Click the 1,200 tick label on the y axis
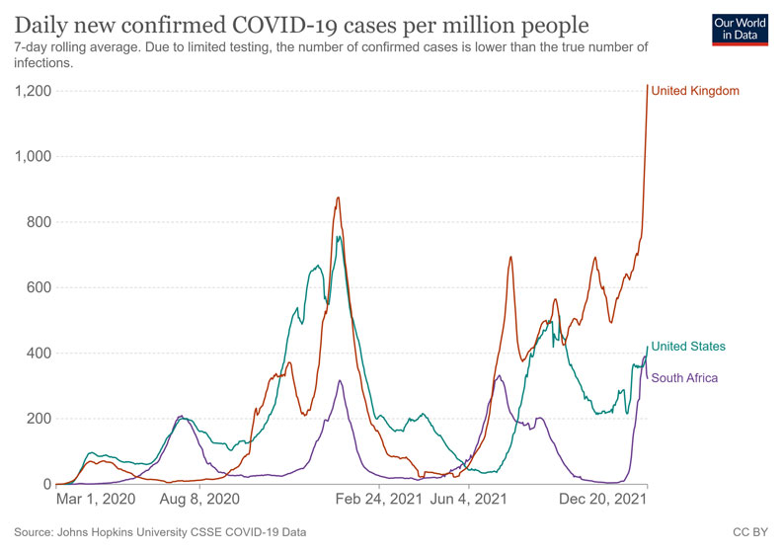(x=33, y=91)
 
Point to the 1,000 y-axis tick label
(x=33, y=156)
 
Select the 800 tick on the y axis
(x=39, y=222)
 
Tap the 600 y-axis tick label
(x=39, y=287)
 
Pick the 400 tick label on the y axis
(x=39, y=353)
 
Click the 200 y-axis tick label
(x=39, y=419)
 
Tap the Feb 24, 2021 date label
(x=378, y=502)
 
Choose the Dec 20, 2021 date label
(x=603, y=502)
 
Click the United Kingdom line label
(x=695, y=91)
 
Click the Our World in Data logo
(x=740, y=29)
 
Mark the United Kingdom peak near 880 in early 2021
(x=338, y=197)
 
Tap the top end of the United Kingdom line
(x=648, y=86)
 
